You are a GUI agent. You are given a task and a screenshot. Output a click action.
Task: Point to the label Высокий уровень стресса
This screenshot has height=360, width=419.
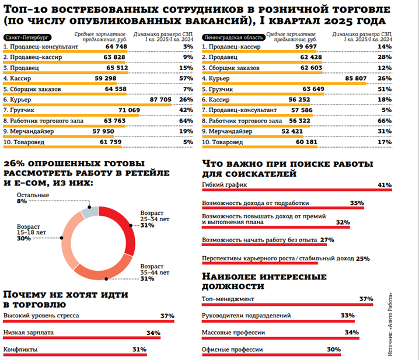coord(41,316)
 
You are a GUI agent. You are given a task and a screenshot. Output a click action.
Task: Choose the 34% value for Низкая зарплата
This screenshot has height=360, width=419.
coord(153,333)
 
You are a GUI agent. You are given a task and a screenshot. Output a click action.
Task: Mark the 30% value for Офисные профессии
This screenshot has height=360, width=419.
coord(334,349)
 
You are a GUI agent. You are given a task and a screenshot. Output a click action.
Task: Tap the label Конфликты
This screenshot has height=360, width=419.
coord(21,349)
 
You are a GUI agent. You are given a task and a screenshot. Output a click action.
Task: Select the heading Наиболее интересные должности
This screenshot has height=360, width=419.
coord(264,281)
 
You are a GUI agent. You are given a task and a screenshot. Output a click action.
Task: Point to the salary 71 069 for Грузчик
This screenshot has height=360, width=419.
coord(130,110)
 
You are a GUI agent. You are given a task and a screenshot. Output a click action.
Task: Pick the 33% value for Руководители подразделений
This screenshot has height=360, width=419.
coord(348,316)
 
